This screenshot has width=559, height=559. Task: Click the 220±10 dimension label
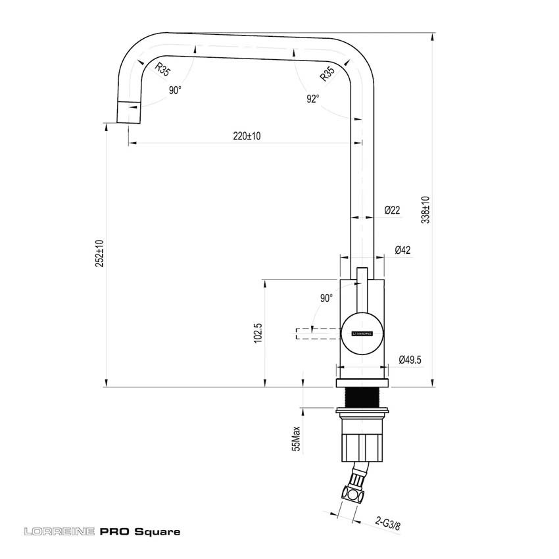coord(247,137)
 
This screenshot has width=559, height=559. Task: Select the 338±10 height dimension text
coord(425,208)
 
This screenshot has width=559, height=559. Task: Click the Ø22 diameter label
coord(392,210)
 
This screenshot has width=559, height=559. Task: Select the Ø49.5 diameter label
coord(410,359)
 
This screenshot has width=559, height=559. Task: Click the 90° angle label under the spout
coord(174,91)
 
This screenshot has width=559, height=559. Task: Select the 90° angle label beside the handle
coord(326,299)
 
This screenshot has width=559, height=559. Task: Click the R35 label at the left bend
coord(162,69)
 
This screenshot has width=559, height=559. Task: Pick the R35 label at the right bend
coord(327,74)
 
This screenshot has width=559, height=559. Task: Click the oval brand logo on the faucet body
coord(361,333)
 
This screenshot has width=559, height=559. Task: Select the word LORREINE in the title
coord(59,531)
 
